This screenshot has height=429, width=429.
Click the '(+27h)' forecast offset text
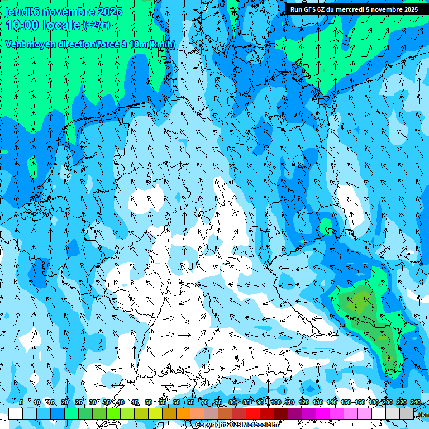[x=96, y=25]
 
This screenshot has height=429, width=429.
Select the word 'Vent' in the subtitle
[x=16, y=45]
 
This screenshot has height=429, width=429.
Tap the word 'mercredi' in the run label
[x=346, y=9]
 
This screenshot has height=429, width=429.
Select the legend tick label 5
[x=21, y=402]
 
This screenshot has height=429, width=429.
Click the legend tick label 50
[x=148, y=402]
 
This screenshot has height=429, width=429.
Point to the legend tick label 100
[x=275, y=402]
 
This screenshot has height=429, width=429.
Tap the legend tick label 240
[x=416, y=402]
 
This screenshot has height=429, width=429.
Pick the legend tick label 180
[x=373, y=402]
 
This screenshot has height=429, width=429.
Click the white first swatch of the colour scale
[x=15, y=413]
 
